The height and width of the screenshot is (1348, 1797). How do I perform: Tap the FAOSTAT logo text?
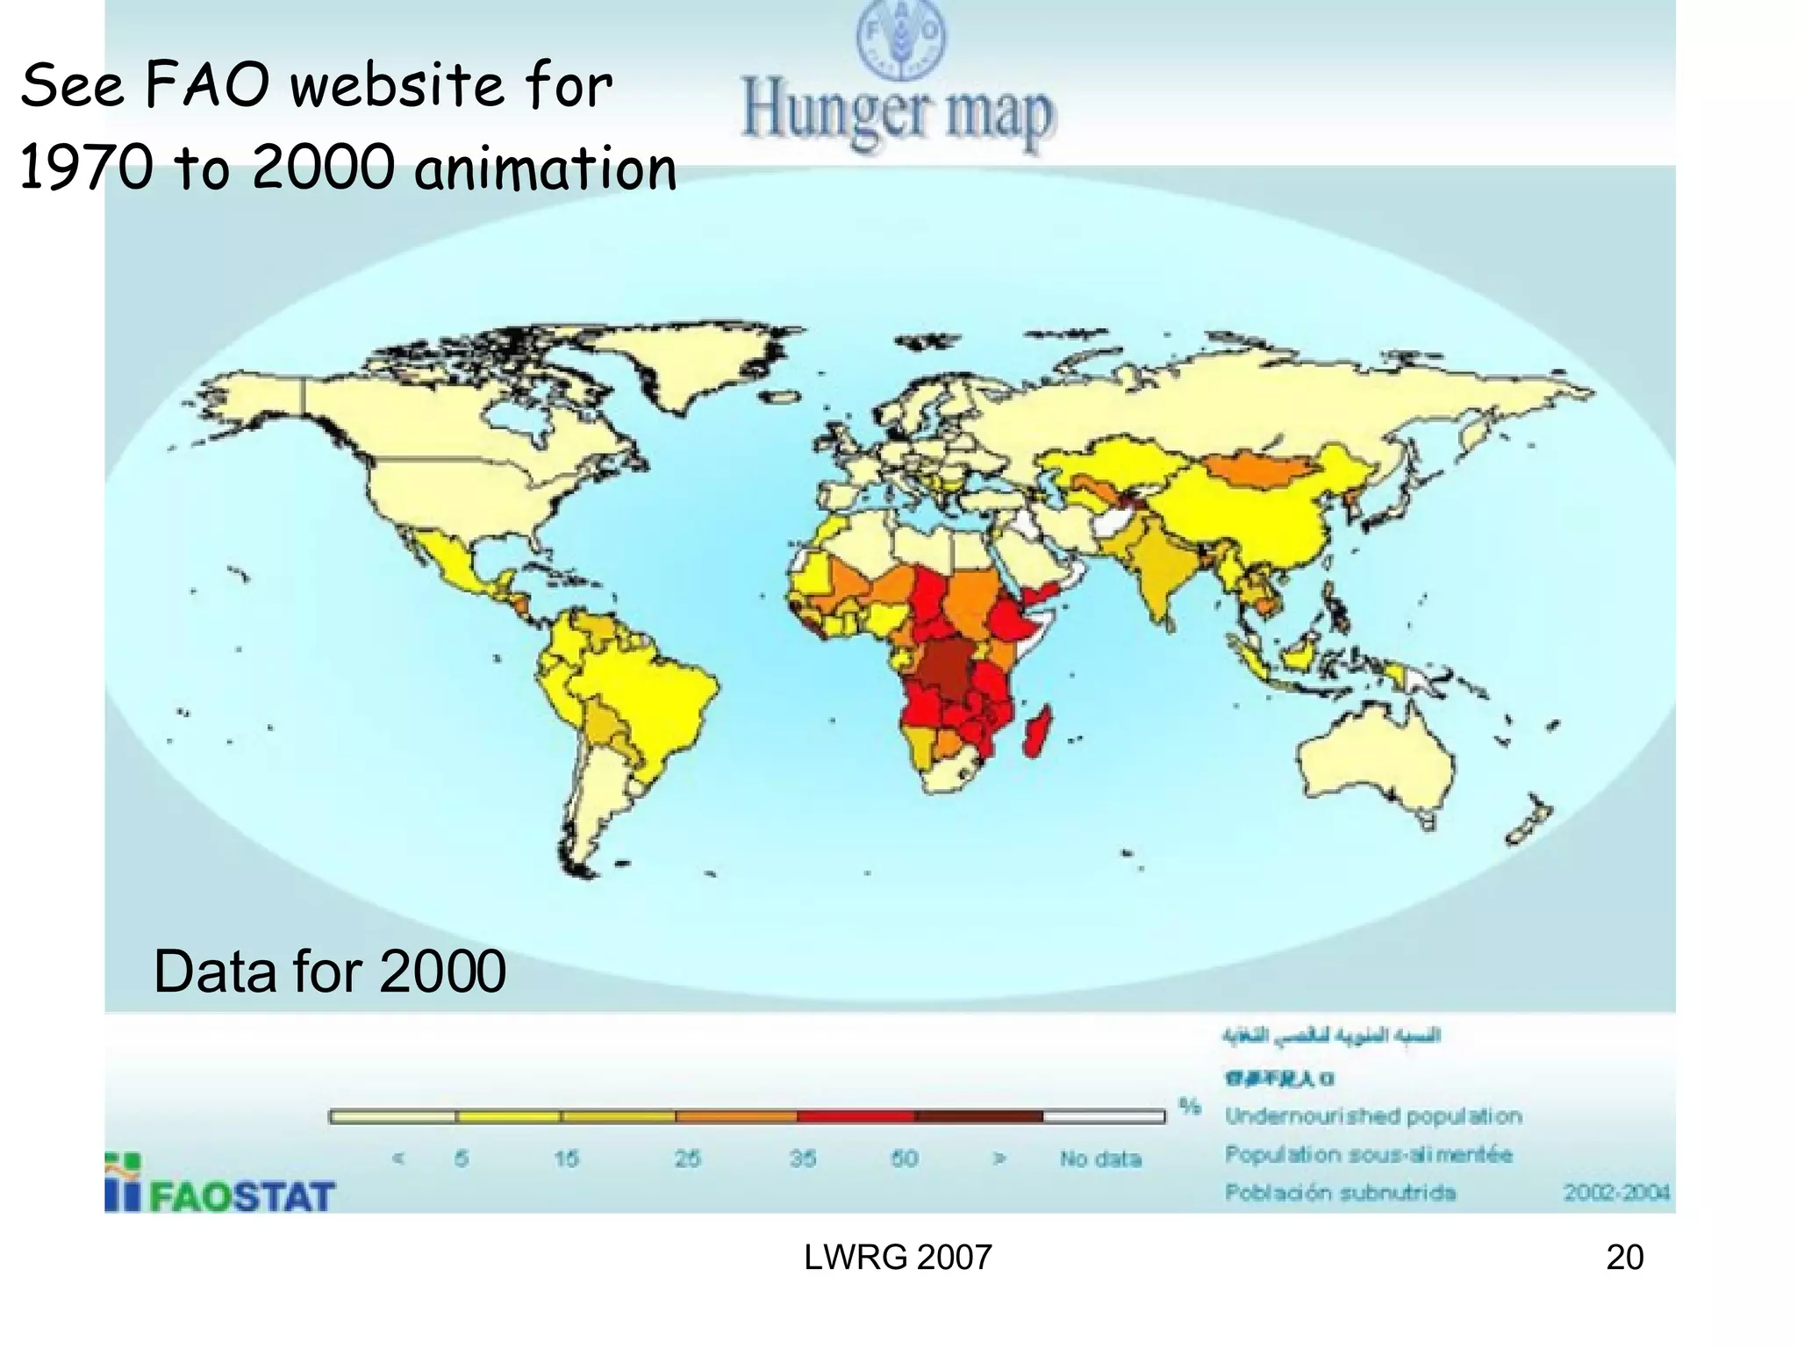coord(241,1196)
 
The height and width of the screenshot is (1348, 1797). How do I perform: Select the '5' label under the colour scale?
coord(462,1158)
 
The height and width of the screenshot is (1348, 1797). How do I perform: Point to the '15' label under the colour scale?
coord(566,1158)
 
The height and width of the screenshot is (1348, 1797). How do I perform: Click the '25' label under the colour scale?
coord(687,1158)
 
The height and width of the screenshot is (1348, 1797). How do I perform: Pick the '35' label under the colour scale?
coord(803,1158)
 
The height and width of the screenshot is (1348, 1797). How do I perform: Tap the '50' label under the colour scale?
coord(905,1158)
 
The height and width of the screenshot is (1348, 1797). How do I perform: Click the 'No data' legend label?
coord(1100,1158)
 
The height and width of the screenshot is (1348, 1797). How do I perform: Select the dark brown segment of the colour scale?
coord(978,1116)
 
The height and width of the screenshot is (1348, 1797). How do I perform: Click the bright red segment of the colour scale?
coord(856,1116)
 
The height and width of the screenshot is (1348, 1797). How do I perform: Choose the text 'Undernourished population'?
coord(1373,1116)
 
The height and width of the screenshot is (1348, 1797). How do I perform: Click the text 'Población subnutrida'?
coord(1340,1192)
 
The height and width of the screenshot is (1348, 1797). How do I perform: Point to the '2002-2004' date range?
coord(1616,1192)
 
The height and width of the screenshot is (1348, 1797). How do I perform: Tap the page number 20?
coord(1624,1258)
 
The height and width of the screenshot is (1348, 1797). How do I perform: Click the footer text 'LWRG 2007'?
coord(898,1258)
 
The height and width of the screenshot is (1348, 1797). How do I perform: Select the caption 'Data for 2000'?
coord(329,972)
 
